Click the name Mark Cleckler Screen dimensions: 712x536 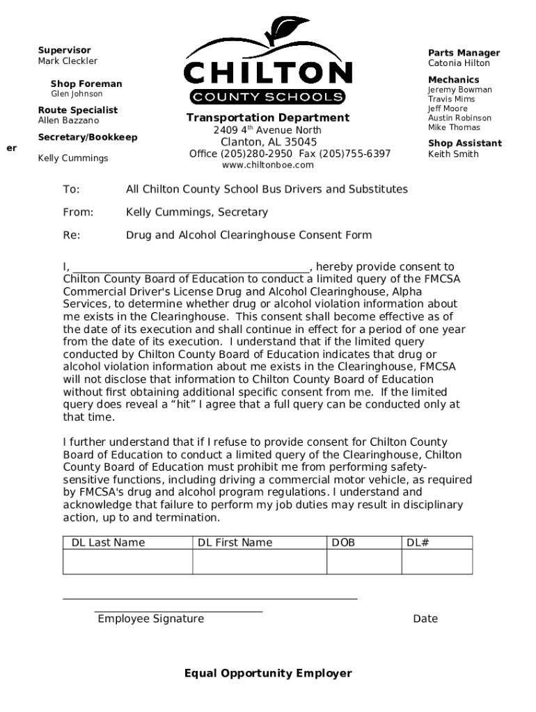68,61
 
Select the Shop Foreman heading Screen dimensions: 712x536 86,84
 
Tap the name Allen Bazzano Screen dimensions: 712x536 68,121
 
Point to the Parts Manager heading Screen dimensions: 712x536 464,53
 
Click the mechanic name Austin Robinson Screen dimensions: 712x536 459,118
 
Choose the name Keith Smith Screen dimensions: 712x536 453,154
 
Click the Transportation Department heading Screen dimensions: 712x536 268,118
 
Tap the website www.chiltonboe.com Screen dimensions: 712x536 268,165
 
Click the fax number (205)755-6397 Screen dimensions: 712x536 355,154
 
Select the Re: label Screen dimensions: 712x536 72,235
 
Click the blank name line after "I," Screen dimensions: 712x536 191,268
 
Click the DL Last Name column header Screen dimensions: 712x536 109,542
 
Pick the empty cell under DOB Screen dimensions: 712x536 364,562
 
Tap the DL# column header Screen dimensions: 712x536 418,542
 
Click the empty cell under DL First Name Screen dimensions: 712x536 260,562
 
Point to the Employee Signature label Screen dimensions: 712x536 151,619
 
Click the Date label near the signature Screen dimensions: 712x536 425,619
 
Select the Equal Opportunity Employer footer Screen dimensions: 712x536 268,673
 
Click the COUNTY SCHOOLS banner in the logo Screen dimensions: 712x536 268,97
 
